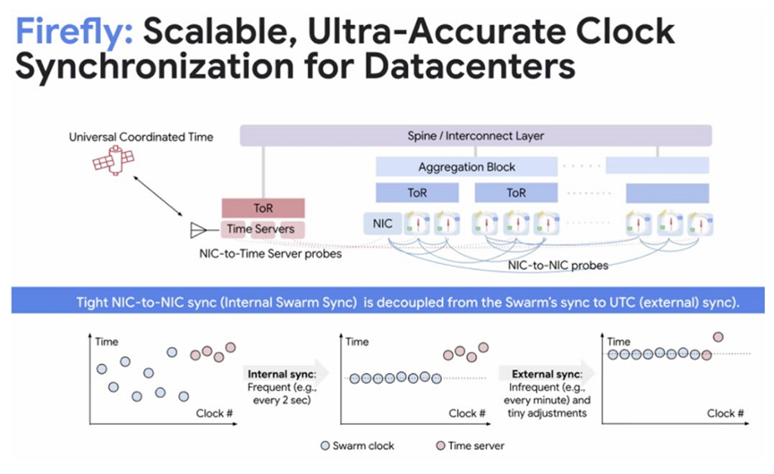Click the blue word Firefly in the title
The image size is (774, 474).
[x=74, y=31]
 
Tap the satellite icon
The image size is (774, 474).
[x=114, y=160]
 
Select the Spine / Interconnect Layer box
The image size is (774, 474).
[x=476, y=136]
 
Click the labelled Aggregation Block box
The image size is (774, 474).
[x=466, y=167]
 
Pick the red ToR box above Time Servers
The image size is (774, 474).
[x=263, y=208]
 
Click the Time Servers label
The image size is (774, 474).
[x=260, y=229]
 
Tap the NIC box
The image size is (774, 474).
[x=383, y=224]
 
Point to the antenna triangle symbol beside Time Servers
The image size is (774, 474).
[x=198, y=230]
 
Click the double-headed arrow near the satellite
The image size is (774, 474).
[x=158, y=196]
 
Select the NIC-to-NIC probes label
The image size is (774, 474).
[x=557, y=266]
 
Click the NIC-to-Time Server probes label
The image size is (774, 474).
[x=270, y=253]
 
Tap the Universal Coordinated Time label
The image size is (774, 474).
[x=141, y=137]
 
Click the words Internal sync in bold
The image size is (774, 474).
[x=282, y=374]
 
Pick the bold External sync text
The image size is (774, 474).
[x=547, y=374]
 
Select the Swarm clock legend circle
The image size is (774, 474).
[x=325, y=446]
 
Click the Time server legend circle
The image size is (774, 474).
[x=441, y=446]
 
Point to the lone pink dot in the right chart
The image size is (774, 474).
[x=719, y=337]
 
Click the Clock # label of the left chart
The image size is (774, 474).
[x=214, y=413]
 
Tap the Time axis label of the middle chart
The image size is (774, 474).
[x=357, y=342]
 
